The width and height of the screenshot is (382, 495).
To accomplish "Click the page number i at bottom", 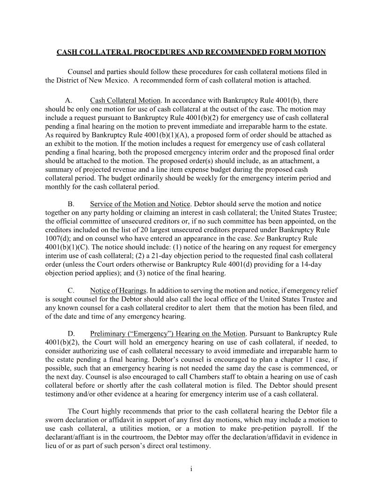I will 191,470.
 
